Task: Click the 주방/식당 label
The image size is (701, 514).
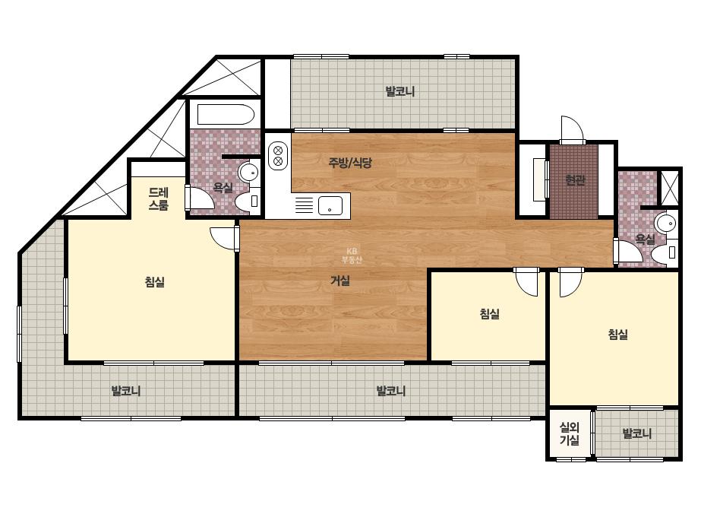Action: tap(350, 163)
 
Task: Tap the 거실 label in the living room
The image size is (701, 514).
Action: tap(339, 281)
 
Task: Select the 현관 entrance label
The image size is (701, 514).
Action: tap(575, 180)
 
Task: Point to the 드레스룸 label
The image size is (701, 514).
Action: tap(158, 199)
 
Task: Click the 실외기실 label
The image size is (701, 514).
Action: tap(570, 433)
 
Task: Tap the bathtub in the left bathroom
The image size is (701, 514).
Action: tap(226, 115)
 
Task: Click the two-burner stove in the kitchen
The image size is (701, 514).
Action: tap(278, 155)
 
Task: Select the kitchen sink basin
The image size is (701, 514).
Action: tap(330, 206)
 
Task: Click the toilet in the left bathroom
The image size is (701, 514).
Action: tap(248, 202)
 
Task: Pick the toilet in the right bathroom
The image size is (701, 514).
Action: tap(665, 252)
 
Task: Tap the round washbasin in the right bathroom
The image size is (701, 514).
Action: tap(665, 224)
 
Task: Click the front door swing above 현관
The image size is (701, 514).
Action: tap(573, 129)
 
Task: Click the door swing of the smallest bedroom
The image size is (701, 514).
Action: tap(527, 282)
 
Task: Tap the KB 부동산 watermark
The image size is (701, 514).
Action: tap(352, 255)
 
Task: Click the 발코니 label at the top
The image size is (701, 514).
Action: tap(400, 91)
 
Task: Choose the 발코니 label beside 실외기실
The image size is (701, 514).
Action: tap(637, 433)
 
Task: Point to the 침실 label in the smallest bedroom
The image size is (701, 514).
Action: tap(489, 314)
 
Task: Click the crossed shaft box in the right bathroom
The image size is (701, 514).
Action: tap(669, 188)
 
